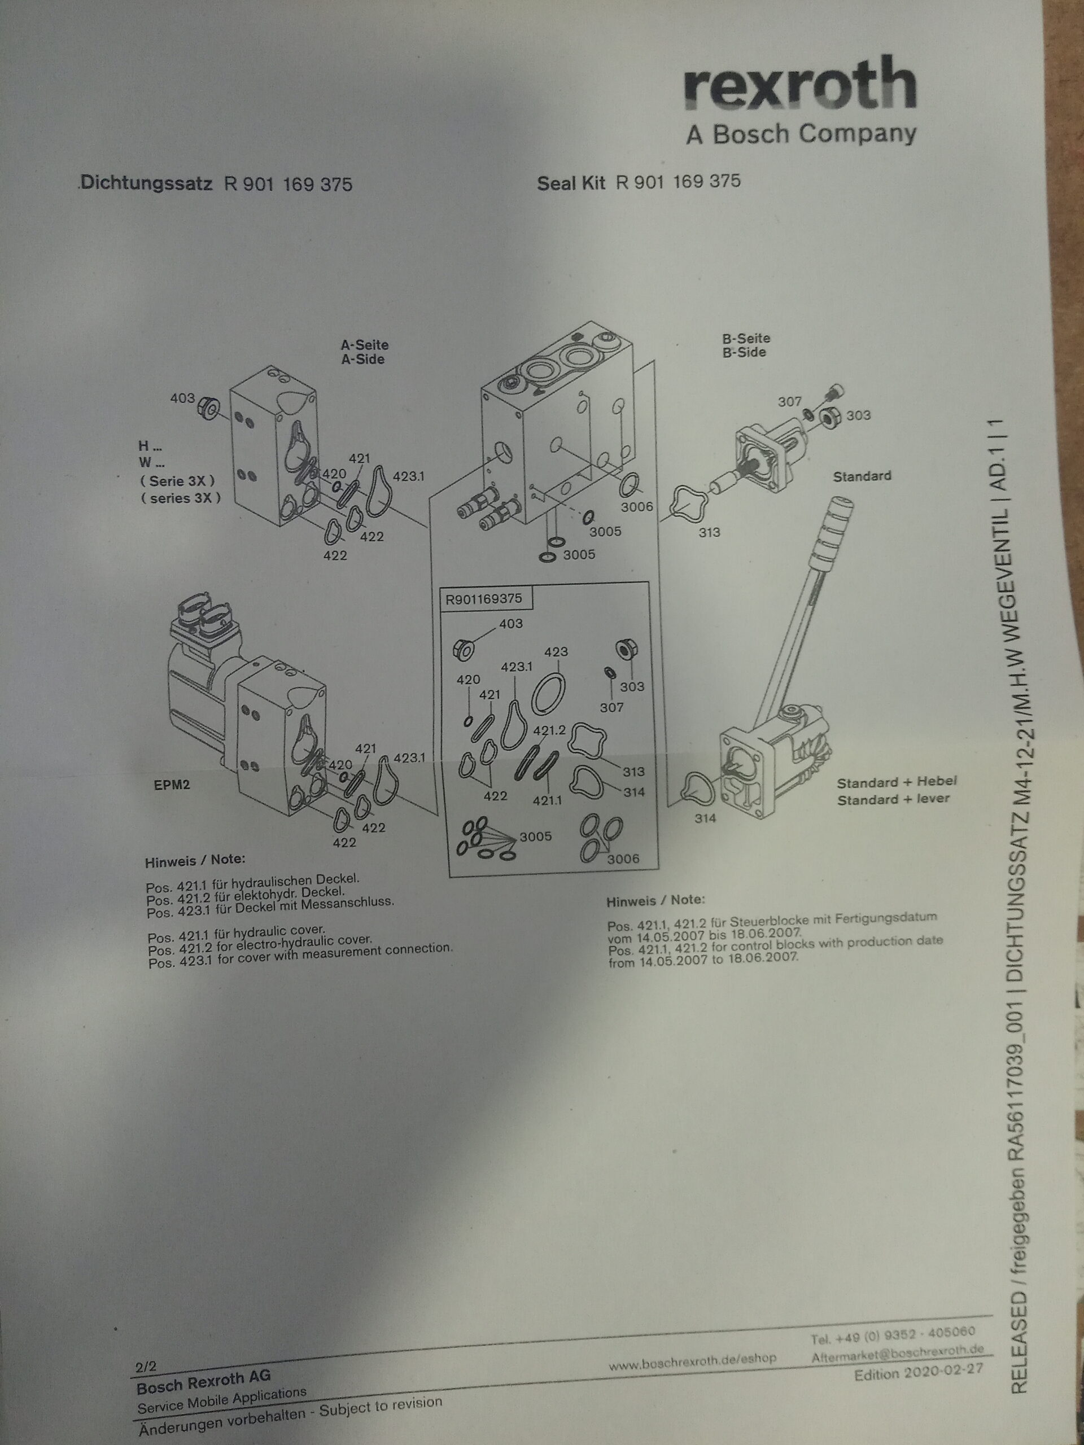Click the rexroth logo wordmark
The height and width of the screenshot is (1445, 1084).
(800, 85)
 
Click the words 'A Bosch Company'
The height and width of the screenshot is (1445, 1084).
(801, 134)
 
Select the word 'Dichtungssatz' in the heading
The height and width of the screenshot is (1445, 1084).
(147, 183)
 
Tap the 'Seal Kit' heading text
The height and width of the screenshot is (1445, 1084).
(572, 182)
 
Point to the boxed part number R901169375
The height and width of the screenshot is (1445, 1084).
(483, 598)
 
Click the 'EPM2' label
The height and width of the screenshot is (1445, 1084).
(172, 785)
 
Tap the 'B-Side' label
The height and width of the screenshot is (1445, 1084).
(744, 352)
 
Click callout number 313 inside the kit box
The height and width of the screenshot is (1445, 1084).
(633, 772)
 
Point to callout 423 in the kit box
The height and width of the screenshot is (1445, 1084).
(556, 651)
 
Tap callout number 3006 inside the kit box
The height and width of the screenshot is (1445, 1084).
(623, 859)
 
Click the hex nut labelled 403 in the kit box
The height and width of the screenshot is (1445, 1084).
(464, 649)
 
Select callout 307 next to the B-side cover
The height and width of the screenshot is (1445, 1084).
(789, 402)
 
